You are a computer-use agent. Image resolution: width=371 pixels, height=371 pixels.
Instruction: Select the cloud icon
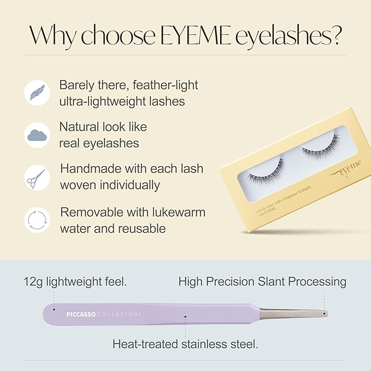coord(37,134)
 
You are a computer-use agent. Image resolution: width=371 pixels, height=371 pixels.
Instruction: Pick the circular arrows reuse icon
coord(37,220)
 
